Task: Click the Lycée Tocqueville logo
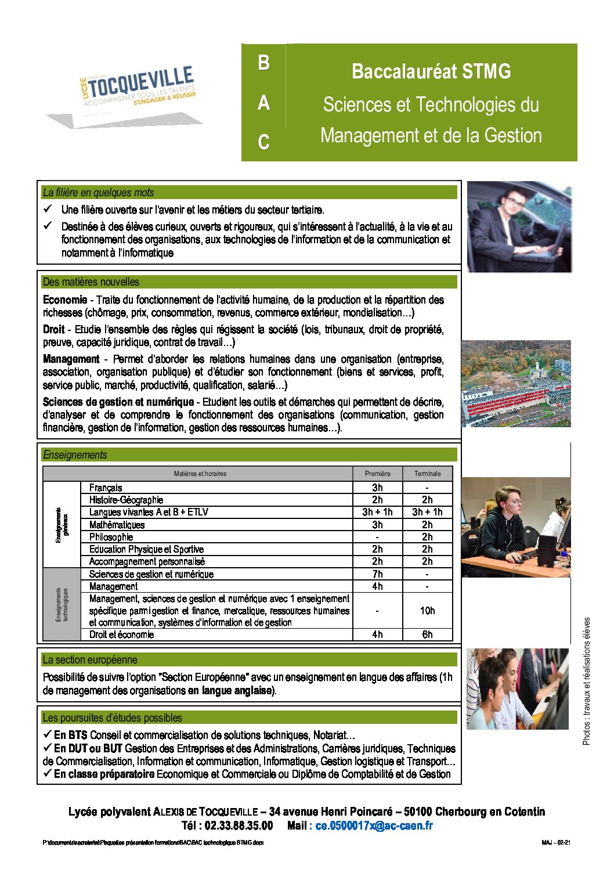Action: [138, 93]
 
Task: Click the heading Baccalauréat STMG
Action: [431, 71]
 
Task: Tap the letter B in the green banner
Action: [263, 63]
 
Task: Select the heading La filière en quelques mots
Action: [99, 193]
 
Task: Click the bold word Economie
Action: [65, 300]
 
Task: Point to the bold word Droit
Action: [53, 330]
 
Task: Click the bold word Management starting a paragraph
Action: [71, 359]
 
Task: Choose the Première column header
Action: [377, 474]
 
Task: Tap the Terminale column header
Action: [427, 474]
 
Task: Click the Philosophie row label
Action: [111, 537]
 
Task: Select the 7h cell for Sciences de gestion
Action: [377, 574]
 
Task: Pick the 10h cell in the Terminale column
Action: [427, 611]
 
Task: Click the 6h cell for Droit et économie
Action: [427, 634]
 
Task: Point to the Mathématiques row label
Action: [117, 525]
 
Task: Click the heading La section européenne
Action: [90, 660]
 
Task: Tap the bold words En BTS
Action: [70, 735]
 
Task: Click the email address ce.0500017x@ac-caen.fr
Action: [374, 825]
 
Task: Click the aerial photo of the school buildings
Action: [516, 384]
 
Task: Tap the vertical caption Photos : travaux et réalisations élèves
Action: [586, 681]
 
